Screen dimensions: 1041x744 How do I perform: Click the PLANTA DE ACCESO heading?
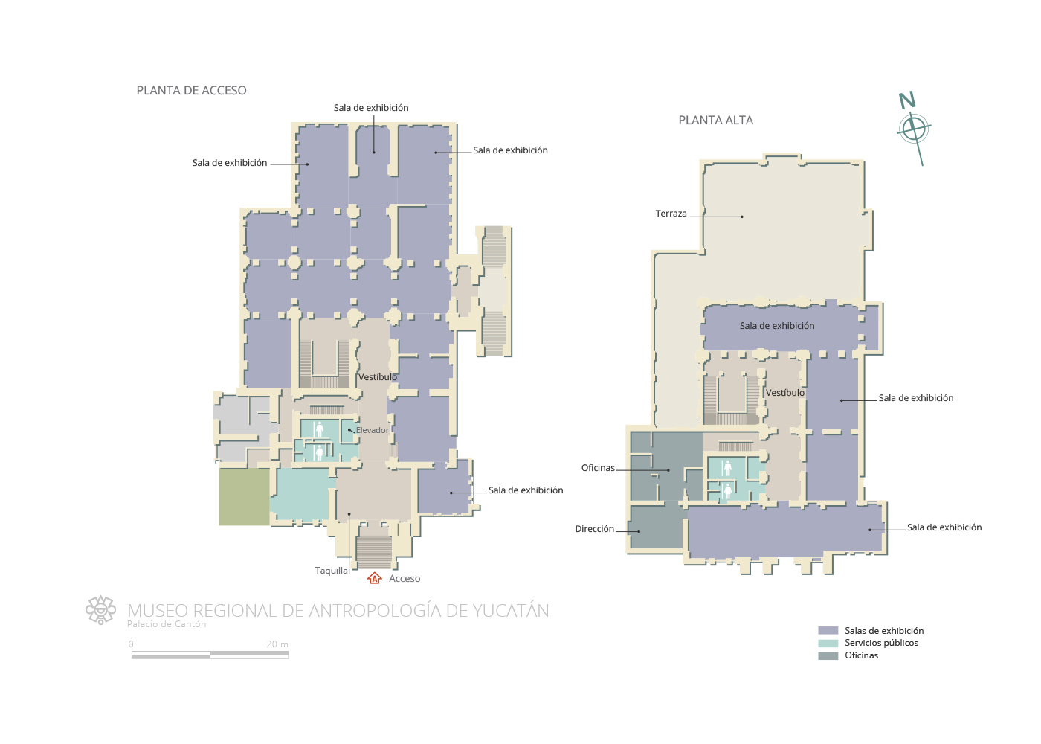click(192, 90)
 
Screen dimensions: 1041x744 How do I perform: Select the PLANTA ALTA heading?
click(715, 120)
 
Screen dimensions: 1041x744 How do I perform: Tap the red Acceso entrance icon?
click(375, 578)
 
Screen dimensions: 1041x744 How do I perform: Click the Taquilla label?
click(332, 571)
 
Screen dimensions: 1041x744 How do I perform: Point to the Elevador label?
click(373, 430)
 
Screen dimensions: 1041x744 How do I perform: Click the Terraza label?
click(671, 214)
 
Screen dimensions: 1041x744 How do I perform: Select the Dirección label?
click(594, 529)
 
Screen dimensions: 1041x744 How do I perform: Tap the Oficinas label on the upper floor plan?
click(598, 468)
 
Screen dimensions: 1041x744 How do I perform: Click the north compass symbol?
click(913, 127)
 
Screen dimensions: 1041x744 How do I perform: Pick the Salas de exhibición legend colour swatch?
click(828, 631)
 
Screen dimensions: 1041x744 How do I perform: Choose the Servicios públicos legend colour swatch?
click(828, 643)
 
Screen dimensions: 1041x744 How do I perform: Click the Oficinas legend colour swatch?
click(828, 655)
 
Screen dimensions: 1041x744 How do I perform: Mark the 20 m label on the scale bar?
click(277, 644)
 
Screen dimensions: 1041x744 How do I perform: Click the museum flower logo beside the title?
click(101, 609)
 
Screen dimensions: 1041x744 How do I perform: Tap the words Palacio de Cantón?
click(167, 624)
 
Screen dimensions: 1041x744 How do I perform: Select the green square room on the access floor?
click(244, 497)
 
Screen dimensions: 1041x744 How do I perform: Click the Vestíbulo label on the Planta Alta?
click(785, 393)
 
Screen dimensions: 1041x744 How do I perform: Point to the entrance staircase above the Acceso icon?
click(374, 552)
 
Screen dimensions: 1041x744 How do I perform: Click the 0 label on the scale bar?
click(131, 644)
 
